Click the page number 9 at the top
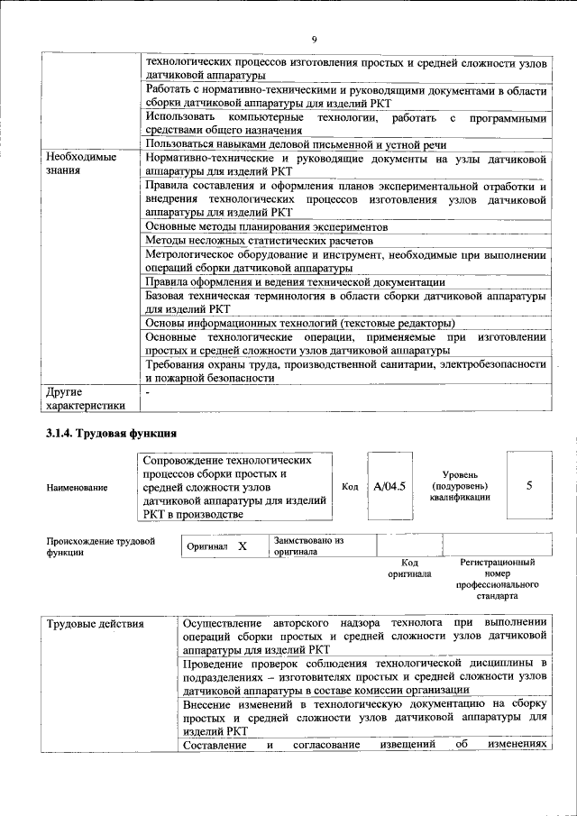pos(314,39)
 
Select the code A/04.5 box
pos(389,486)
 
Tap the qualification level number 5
pos(529,486)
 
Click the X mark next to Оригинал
pos(242,546)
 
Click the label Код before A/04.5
pos(351,487)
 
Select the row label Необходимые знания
pos(81,164)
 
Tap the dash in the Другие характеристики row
pos(148,392)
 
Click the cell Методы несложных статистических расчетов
pos(258,241)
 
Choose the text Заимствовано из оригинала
pos(308,546)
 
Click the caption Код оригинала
pos(409,568)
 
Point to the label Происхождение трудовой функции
pos(100,546)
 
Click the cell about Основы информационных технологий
pos(299,323)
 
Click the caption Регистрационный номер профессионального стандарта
pos(498,578)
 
